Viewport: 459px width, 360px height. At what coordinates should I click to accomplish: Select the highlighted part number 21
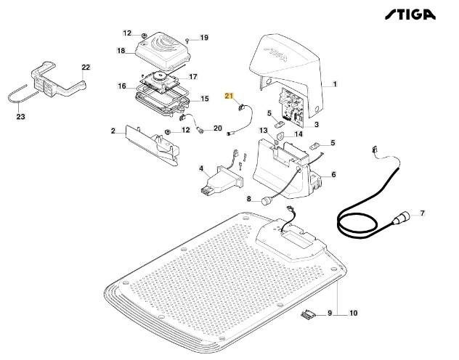[x=229, y=96]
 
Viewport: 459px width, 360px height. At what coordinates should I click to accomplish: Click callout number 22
[x=85, y=67]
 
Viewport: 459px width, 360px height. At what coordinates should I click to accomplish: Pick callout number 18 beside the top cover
[x=121, y=50]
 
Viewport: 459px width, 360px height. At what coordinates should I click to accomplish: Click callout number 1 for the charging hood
[x=335, y=84]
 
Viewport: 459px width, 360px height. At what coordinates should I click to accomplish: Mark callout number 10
[x=354, y=314]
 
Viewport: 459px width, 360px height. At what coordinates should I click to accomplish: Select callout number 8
[x=248, y=198]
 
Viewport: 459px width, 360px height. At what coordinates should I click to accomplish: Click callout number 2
[x=113, y=131]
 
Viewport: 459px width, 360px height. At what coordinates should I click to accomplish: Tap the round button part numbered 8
[x=268, y=198]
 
